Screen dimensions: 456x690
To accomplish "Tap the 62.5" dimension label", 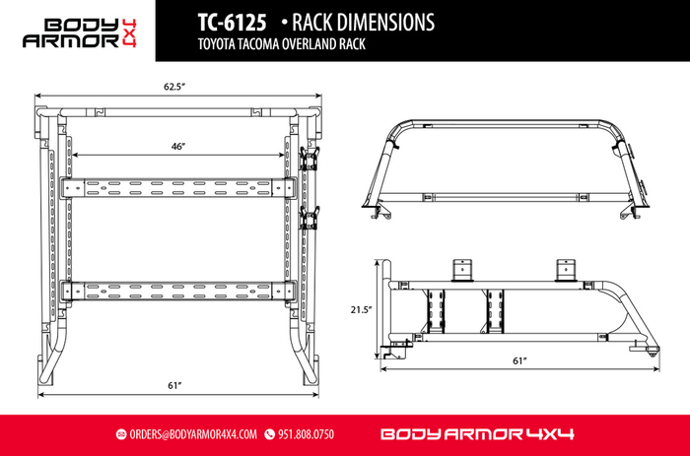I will click(x=174, y=87).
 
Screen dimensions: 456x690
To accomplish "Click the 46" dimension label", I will click(x=177, y=146).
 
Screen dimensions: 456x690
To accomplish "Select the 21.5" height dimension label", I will click(x=361, y=309).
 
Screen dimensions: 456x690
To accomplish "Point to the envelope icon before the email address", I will click(x=121, y=434).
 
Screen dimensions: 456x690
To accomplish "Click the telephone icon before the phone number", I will click(x=269, y=434).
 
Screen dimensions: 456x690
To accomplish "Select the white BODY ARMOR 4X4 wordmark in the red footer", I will click(x=477, y=434).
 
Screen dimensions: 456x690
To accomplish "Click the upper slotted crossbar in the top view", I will click(x=177, y=186).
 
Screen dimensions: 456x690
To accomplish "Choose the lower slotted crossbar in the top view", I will click(x=177, y=291).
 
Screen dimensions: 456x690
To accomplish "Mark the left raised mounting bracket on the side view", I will click(x=459, y=270).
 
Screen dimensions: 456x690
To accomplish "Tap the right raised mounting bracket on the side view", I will click(x=565, y=270).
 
